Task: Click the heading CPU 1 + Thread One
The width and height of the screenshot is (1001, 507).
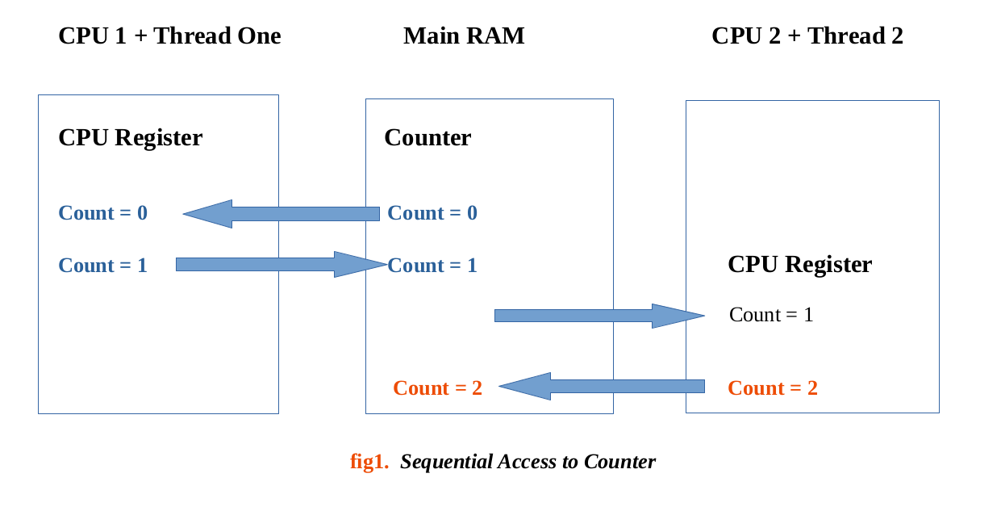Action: coord(169,36)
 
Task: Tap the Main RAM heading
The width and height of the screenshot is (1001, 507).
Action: coord(464,36)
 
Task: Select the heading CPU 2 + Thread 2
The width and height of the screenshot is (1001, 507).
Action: coord(807,36)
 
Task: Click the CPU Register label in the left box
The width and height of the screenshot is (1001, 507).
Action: coord(130,138)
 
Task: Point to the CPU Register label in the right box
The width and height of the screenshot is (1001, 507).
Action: coord(799,265)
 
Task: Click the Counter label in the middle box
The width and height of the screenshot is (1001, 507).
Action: coord(428,138)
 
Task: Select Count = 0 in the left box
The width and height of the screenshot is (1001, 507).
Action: coord(102,213)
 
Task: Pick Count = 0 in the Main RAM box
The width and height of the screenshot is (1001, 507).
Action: coord(432,213)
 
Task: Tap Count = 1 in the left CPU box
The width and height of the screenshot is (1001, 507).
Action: coord(102,266)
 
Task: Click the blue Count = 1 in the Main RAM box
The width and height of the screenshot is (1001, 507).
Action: coord(432,266)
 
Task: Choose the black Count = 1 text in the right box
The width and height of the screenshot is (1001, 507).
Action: coord(771,315)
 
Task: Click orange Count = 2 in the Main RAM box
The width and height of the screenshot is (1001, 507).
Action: coord(437,388)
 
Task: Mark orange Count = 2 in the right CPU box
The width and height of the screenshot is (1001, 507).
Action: coord(773,388)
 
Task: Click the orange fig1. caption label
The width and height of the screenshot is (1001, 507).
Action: coord(369,462)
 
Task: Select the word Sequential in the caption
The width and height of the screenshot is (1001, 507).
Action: coord(446,462)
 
